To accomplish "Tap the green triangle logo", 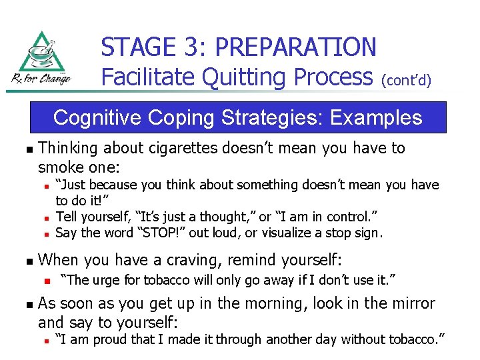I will coord(41,53).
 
